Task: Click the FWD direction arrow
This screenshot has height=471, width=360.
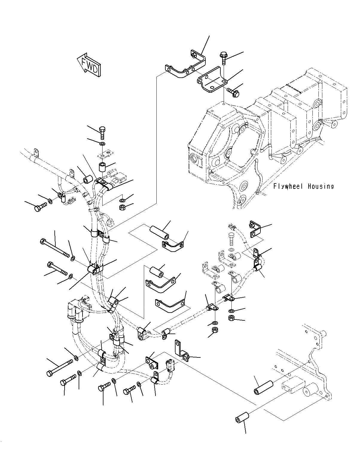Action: (x=89, y=65)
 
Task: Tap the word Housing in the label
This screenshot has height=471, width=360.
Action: (x=321, y=186)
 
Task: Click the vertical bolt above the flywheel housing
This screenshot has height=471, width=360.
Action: (x=223, y=59)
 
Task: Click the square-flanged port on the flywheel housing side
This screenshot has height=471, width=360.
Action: (x=195, y=160)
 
